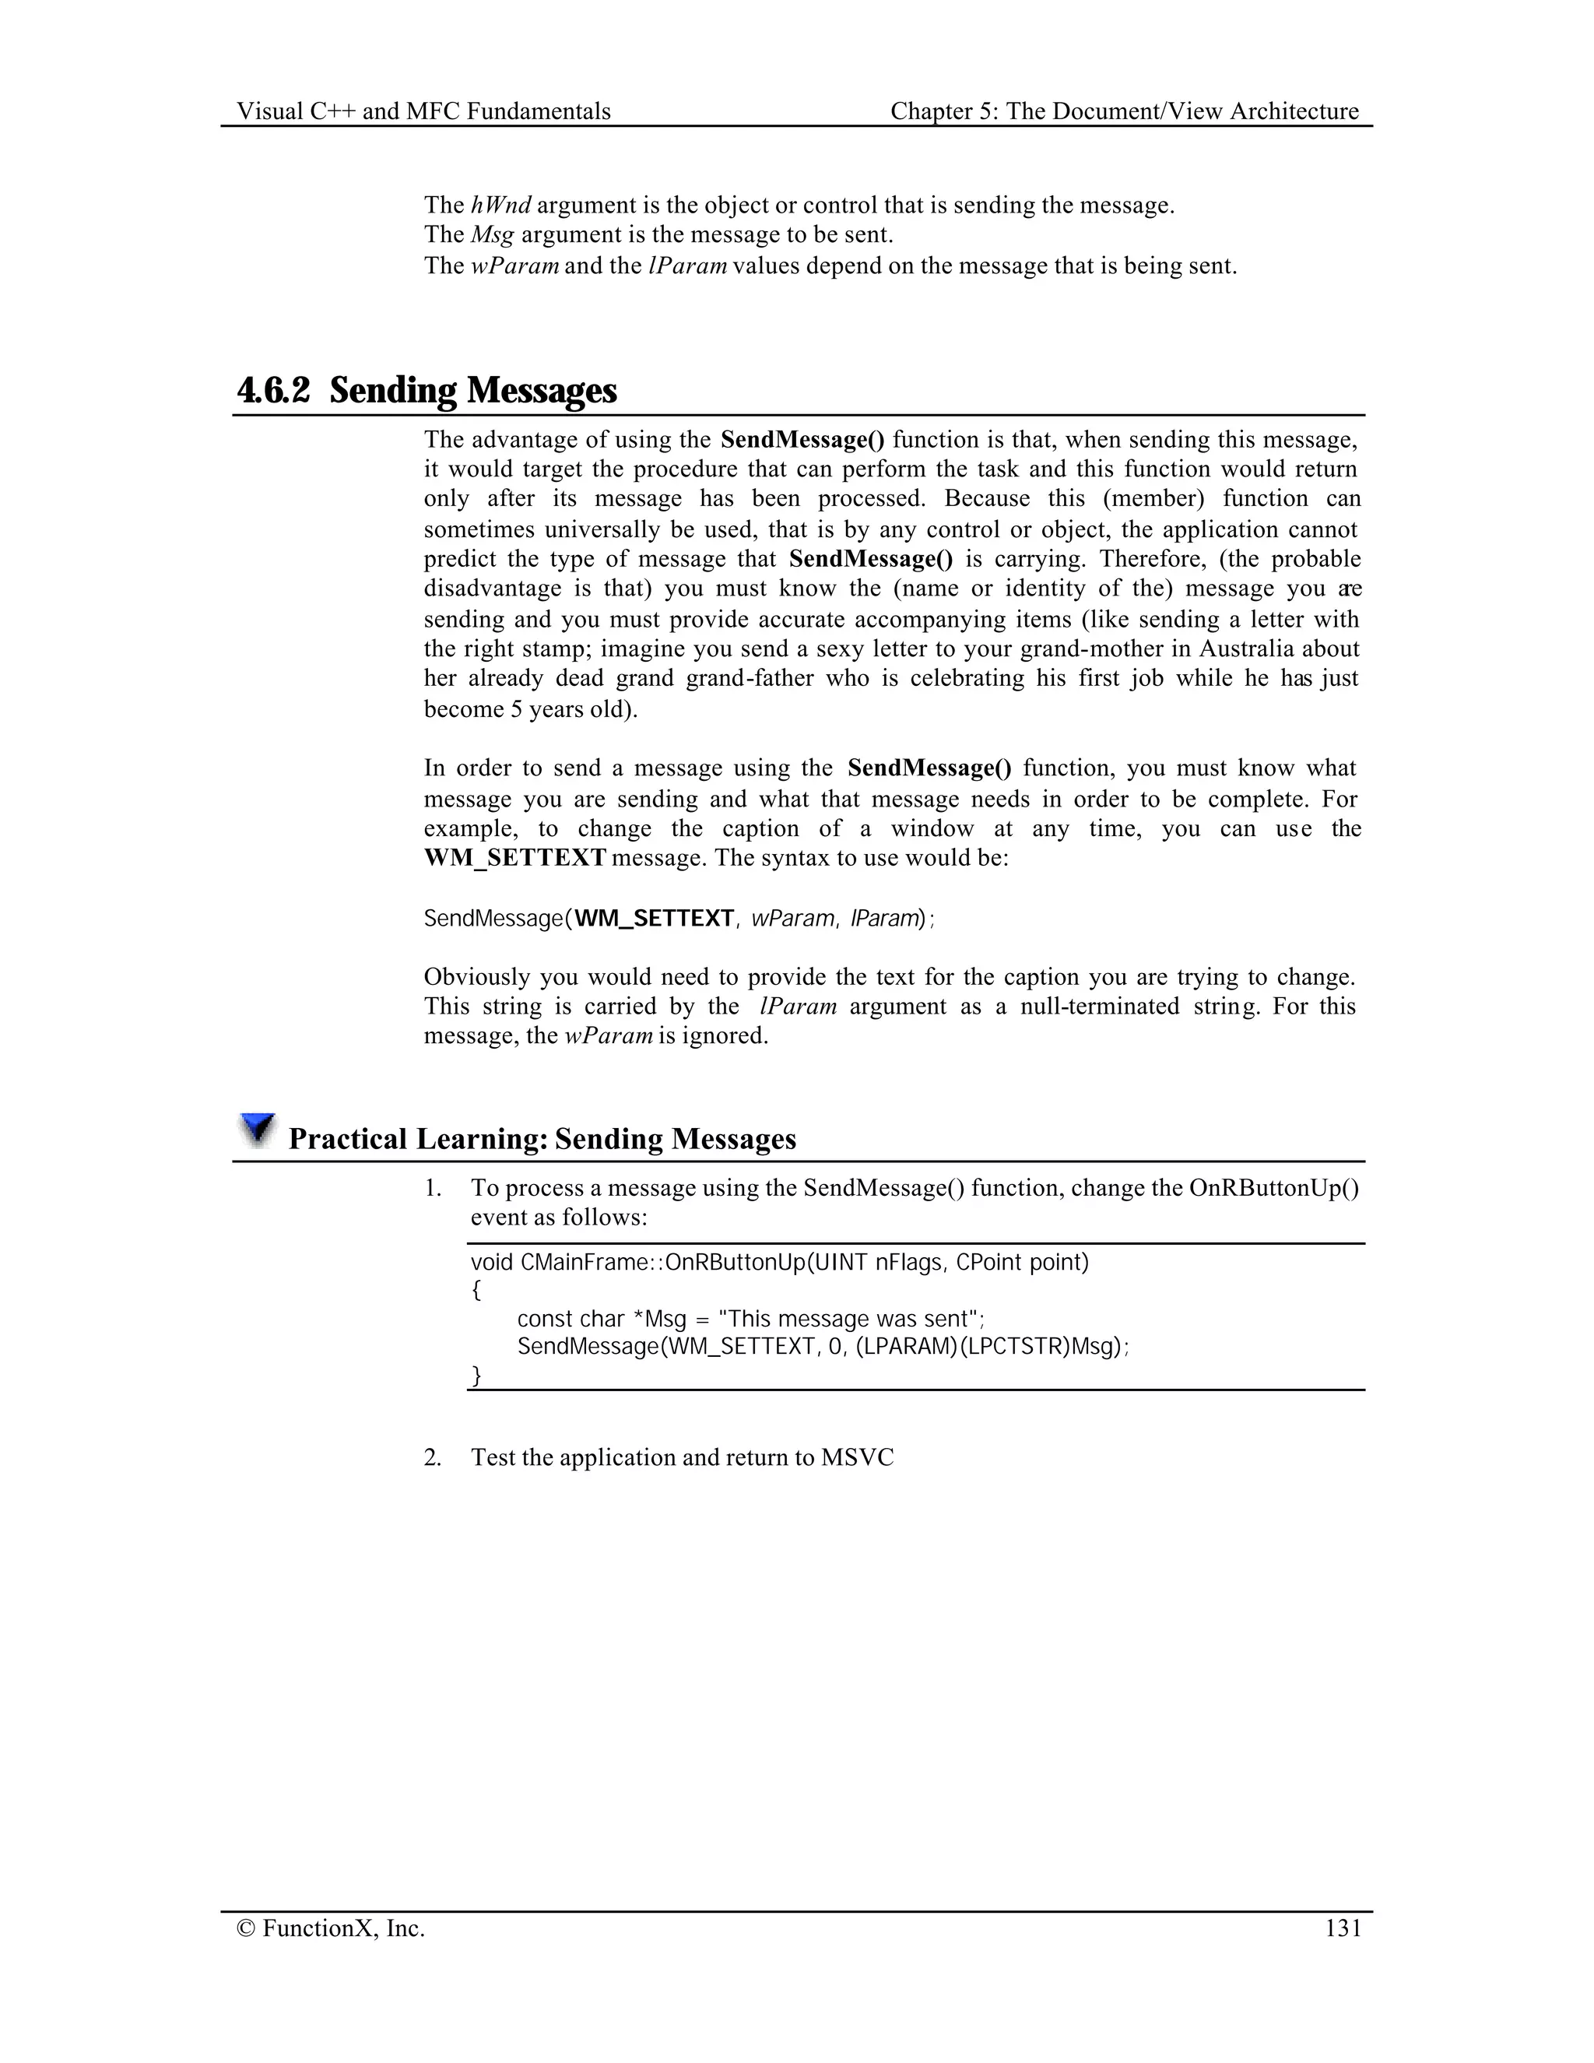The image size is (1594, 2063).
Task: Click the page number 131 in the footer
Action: [1343, 1928]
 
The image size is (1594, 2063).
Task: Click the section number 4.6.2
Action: [273, 390]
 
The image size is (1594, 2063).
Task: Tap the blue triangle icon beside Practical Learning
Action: [256, 1130]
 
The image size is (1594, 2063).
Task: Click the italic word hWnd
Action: [500, 205]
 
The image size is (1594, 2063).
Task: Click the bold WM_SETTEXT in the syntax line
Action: [654, 918]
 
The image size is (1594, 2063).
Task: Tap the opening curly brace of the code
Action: [476, 1290]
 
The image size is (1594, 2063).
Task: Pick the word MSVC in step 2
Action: [856, 1457]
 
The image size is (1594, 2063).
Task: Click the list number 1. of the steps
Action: [433, 1188]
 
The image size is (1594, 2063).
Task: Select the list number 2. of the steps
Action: [433, 1457]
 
